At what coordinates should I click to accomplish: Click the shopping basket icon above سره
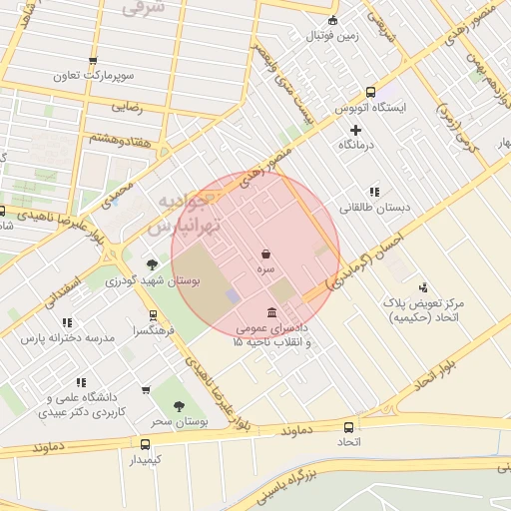tap(265, 255)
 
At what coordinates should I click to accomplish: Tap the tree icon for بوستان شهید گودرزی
tap(152, 264)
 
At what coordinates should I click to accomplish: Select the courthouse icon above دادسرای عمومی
tap(272, 312)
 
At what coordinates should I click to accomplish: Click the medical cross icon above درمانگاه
tap(355, 130)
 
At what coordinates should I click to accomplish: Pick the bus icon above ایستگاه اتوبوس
tap(371, 92)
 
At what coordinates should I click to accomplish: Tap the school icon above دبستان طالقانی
tap(374, 192)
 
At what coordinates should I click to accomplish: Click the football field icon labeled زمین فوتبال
tap(332, 20)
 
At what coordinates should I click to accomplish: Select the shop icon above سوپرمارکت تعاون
tap(93, 61)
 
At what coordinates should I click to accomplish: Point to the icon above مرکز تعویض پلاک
tap(423, 286)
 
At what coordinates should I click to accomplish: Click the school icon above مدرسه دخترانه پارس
tap(67, 322)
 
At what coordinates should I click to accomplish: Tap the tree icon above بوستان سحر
tap(179, 406)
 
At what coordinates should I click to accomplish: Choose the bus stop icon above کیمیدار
tap(146, 444)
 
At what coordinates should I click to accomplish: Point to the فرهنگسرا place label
tap(155, 329)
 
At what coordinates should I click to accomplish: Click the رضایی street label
tap(126, 105)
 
